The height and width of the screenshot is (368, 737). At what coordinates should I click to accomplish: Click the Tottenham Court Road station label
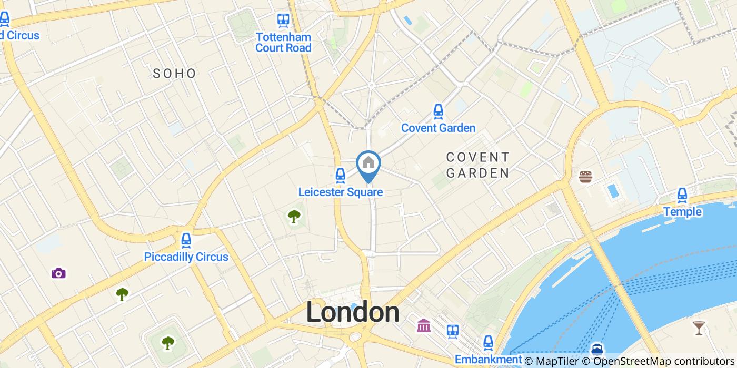pos(283,43)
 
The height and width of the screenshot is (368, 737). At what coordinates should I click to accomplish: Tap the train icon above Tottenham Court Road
pos(283,21)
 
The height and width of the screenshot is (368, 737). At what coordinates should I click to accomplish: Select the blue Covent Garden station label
pos(438,128)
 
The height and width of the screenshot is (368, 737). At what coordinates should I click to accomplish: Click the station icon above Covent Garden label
pos(438,111)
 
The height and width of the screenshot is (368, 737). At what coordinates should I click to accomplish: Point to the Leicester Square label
pos(340,192)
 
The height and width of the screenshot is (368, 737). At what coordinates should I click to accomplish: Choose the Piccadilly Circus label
pos(186,257)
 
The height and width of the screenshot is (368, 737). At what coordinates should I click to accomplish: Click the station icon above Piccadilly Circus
pos(186,240)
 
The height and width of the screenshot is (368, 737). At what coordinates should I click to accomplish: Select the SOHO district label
pos(174,74)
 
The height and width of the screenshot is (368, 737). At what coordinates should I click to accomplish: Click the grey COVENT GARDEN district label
pos(477,165)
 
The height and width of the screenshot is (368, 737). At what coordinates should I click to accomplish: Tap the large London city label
pos(353,313)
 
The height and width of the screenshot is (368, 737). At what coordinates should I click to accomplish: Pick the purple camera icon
pos(59,273)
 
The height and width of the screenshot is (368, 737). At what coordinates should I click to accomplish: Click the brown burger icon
pos(585,177)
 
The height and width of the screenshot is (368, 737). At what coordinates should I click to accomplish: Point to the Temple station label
pos(682,211)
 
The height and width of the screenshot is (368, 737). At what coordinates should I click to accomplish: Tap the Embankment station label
pos(488,359)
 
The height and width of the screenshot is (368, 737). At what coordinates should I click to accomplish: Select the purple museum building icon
pos(424,326)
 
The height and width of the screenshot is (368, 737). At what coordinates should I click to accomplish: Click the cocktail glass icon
pos(699,328)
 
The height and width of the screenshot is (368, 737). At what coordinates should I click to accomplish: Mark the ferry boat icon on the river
pos(597,350)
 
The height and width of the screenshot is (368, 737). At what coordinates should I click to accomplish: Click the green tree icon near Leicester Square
pos(294,216)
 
